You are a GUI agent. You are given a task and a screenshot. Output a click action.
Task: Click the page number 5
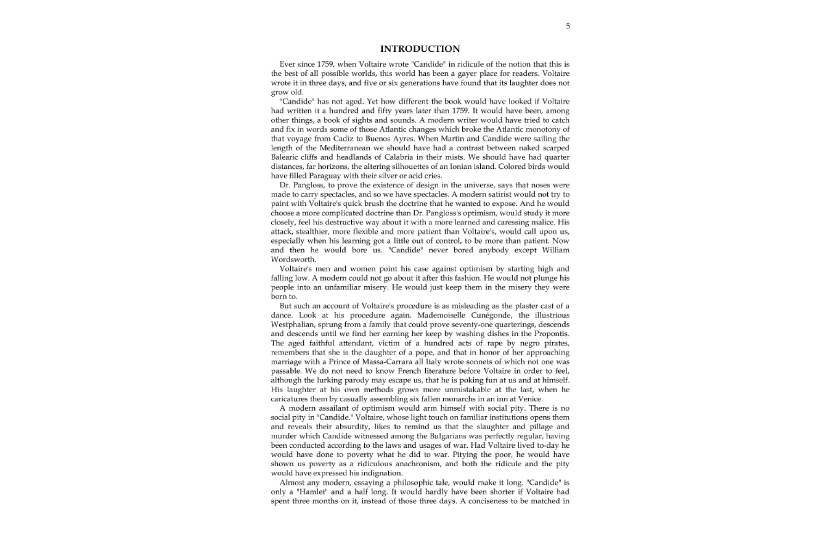click(x=568, y=26)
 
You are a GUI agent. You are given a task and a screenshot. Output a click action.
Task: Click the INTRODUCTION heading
click(x=420, y=49)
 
